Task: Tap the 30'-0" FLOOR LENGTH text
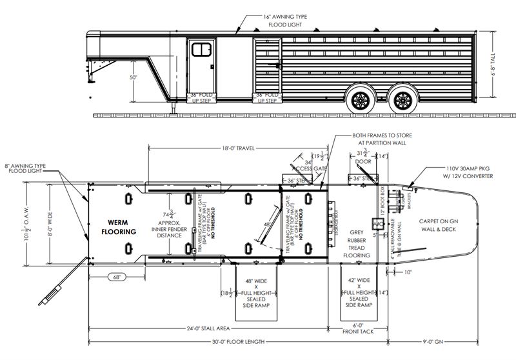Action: pyautogui.click(x=239, y=341)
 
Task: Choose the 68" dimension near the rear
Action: pyautogui.click(x=117, y=278)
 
